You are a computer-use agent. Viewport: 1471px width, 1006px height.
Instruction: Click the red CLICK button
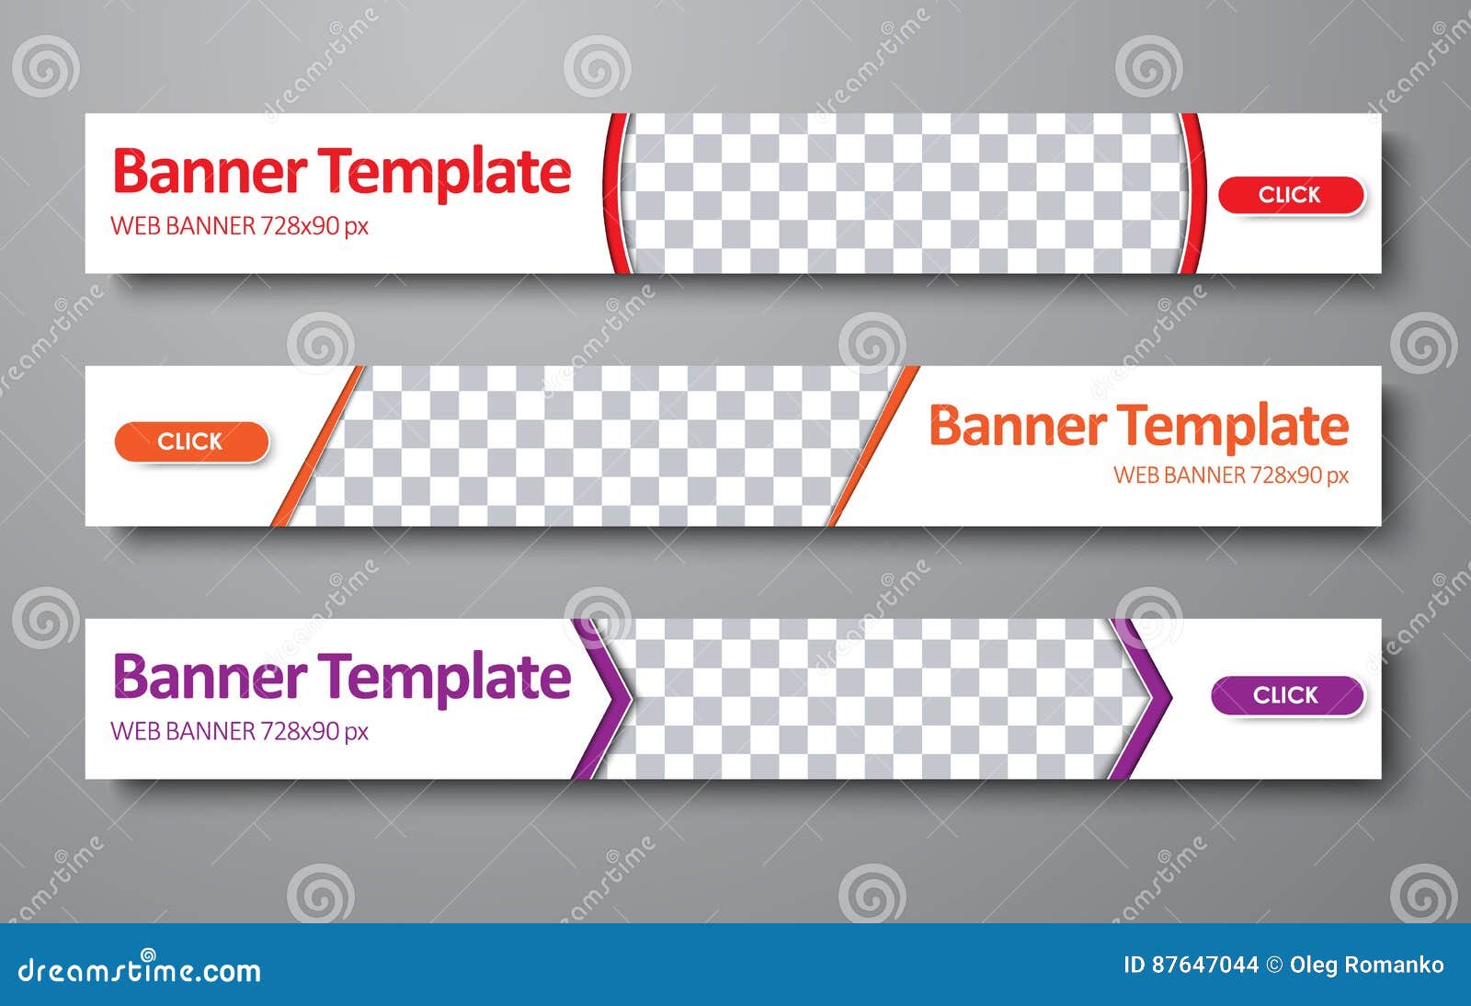[x=1291, y=195]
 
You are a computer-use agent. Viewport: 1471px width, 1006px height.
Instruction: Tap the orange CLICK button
[x=192, y=441]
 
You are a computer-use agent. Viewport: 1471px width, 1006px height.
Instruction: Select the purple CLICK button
[x=1287, y=695]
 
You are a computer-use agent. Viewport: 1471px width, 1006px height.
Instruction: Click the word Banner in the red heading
[x=210, y=171]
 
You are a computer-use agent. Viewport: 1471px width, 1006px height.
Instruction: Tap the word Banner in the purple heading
[x=210, y=676]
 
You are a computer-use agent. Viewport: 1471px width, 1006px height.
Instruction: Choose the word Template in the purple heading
[x=448, y=679]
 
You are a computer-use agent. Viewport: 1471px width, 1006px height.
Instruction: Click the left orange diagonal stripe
[x=317, y=446]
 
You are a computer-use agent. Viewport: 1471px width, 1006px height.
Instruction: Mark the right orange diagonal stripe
[x=873, y=446]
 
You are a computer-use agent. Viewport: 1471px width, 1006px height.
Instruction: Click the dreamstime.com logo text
[x=139, y=968]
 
